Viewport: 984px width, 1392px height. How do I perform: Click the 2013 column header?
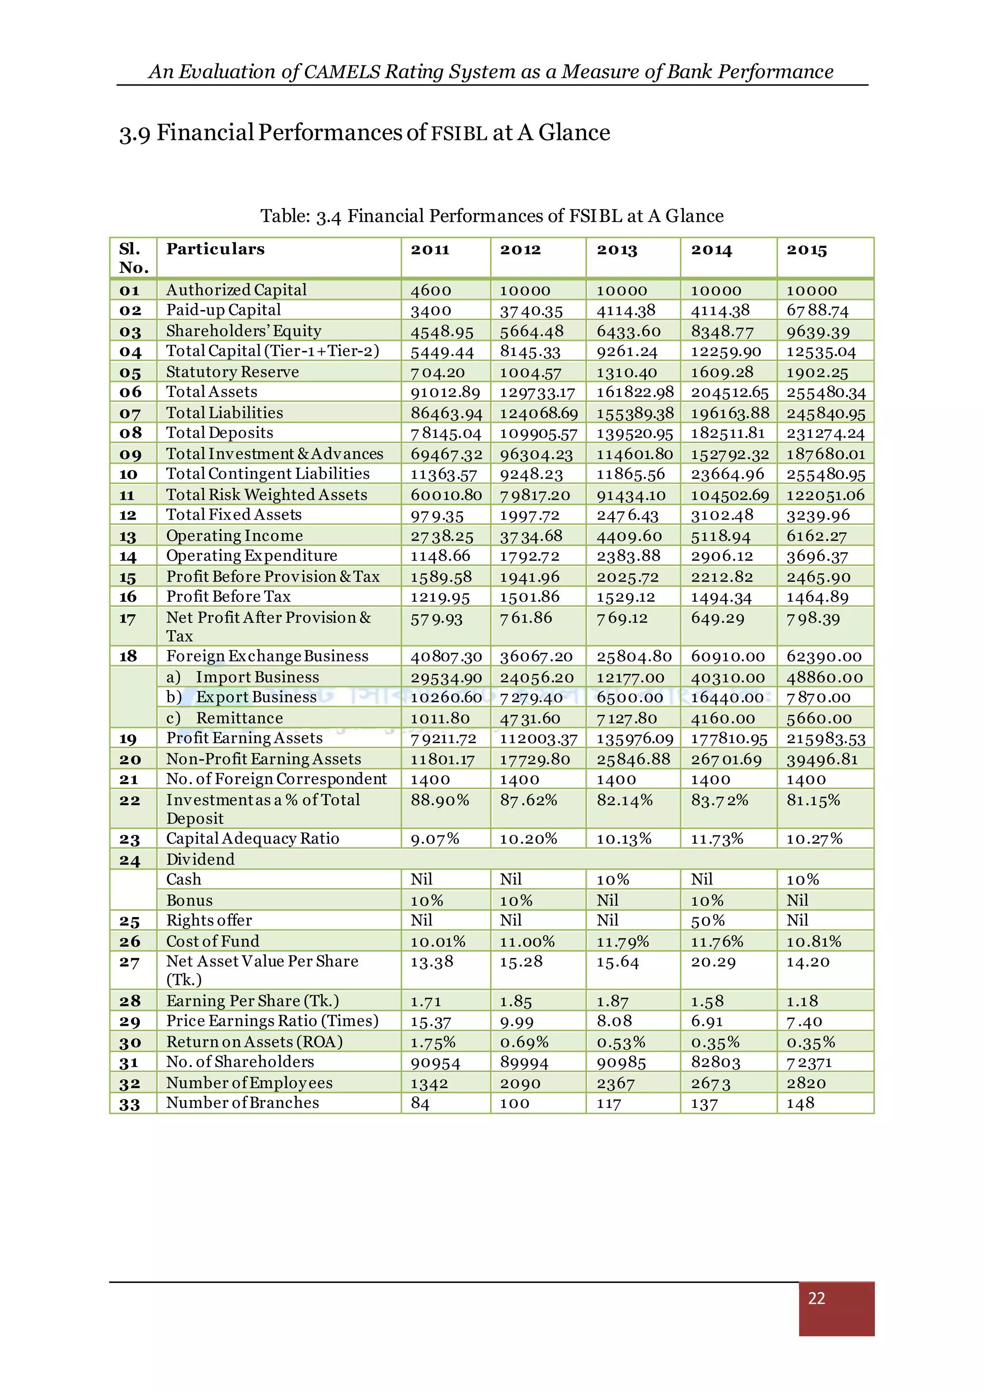click(x=617, y=250)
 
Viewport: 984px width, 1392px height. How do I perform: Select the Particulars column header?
click(x=215, y=249)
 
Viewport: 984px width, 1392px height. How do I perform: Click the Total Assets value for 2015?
click(x=826, y=392)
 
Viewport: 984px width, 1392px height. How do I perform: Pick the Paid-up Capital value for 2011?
click(x=431, y=311)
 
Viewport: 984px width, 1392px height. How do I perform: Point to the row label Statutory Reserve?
click(x=232, y=372)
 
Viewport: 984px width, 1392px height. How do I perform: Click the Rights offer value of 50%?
click(x=708, y=920)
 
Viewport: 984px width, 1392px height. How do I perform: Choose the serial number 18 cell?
click(x=128, y=656)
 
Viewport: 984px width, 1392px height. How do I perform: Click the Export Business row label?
click(x=256, y=697)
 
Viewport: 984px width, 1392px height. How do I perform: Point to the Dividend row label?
click(x=200, y=859)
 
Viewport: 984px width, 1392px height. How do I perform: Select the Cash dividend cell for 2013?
click(x=613, y=879)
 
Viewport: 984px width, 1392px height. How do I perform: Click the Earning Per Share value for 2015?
click(x=802, y=1001)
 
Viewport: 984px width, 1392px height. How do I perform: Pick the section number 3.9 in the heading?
click(x=135, y=133)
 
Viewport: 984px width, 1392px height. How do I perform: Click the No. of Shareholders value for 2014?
click(x=715, y=1062)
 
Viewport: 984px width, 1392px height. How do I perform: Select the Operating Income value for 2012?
click(x=531, y=536)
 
